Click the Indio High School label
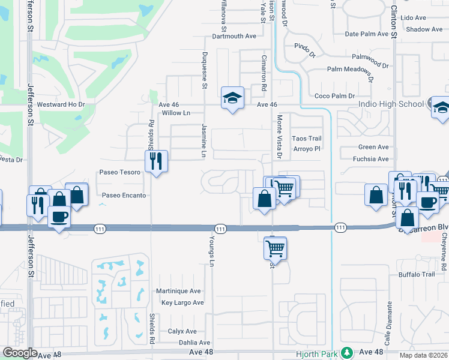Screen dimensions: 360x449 coord(391,104)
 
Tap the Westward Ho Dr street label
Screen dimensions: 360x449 coord(62,104)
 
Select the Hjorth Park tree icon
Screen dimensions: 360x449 coord(346,352)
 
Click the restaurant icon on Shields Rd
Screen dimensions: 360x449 coord(156,161)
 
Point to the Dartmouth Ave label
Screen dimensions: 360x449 coord(230,36)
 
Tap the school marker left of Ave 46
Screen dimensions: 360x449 coord(232,98)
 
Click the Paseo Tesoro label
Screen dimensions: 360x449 coord(120,172)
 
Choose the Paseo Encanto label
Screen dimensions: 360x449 coord(124,196)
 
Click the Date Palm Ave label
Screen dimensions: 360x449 coord(367,34)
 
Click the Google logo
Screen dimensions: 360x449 coord(20,353)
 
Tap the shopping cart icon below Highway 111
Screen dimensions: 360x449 coord(276,247)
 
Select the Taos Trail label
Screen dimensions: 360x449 coord(307,139)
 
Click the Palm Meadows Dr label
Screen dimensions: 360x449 coord(350,70)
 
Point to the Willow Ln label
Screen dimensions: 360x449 coord(176,113)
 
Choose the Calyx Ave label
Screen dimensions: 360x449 coord(182,331)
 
